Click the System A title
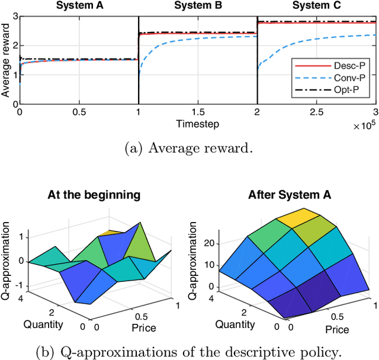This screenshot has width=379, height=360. coord(78,7)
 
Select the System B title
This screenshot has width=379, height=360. coord(197,7)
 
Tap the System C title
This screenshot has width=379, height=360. coord(317,7)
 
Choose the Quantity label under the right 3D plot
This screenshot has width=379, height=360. coord(235,323)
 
